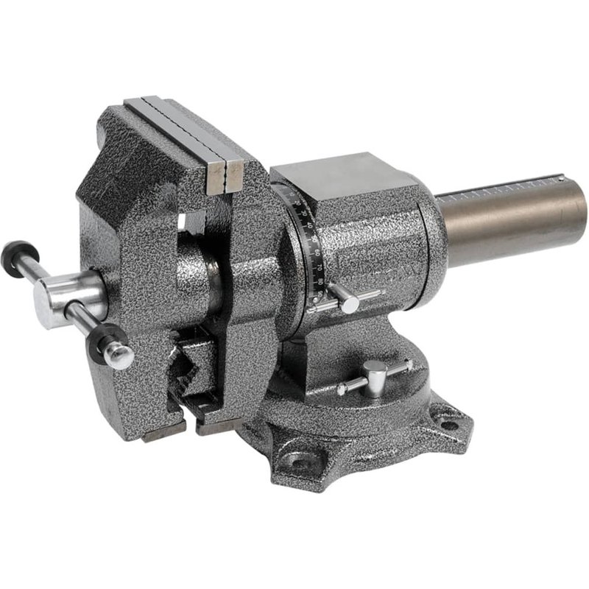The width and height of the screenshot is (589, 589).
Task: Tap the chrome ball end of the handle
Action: pyautogui.click(x=119, y=357)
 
